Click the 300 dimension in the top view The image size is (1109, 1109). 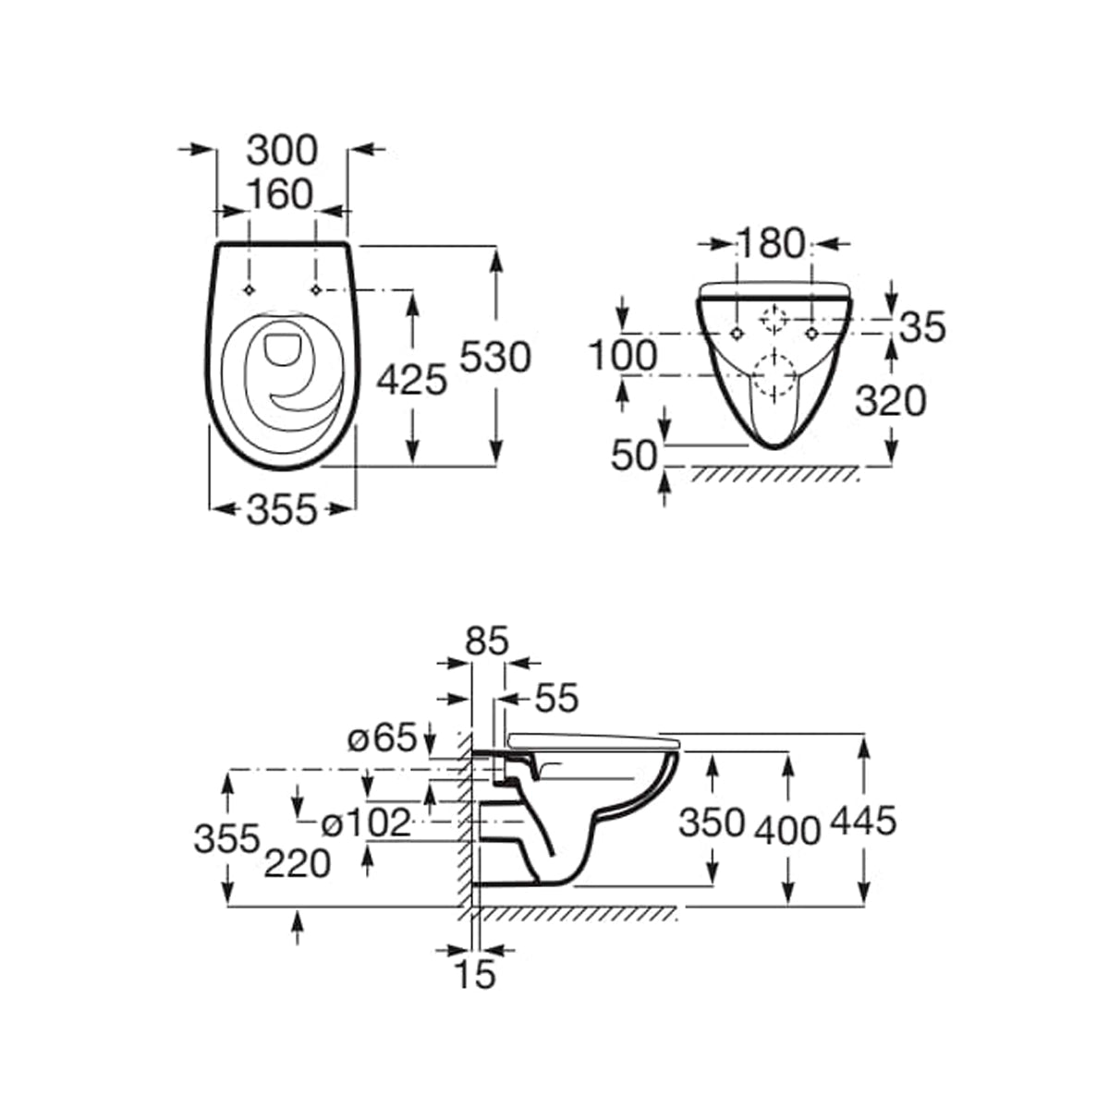[x=282, y=151]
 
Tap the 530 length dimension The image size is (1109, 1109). [x=495, y=357]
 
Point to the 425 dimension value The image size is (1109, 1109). [x=411, y=380]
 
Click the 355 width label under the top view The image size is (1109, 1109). [x=282, y=509]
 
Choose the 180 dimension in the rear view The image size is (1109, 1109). [x=771, y=243]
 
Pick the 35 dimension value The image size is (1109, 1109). [x=922, y=327]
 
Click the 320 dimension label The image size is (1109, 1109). [x=890, y=401]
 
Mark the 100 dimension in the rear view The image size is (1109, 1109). [x=623, y=355]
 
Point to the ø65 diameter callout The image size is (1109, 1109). [x=382, y=737]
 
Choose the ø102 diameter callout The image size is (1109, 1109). [x=366, y=823]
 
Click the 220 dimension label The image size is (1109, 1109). [x=297, y=864]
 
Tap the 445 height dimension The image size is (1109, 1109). [x=863, y=821]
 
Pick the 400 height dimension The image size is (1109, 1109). [x=788, y=832]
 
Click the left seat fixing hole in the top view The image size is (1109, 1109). [x=250, y=290]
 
